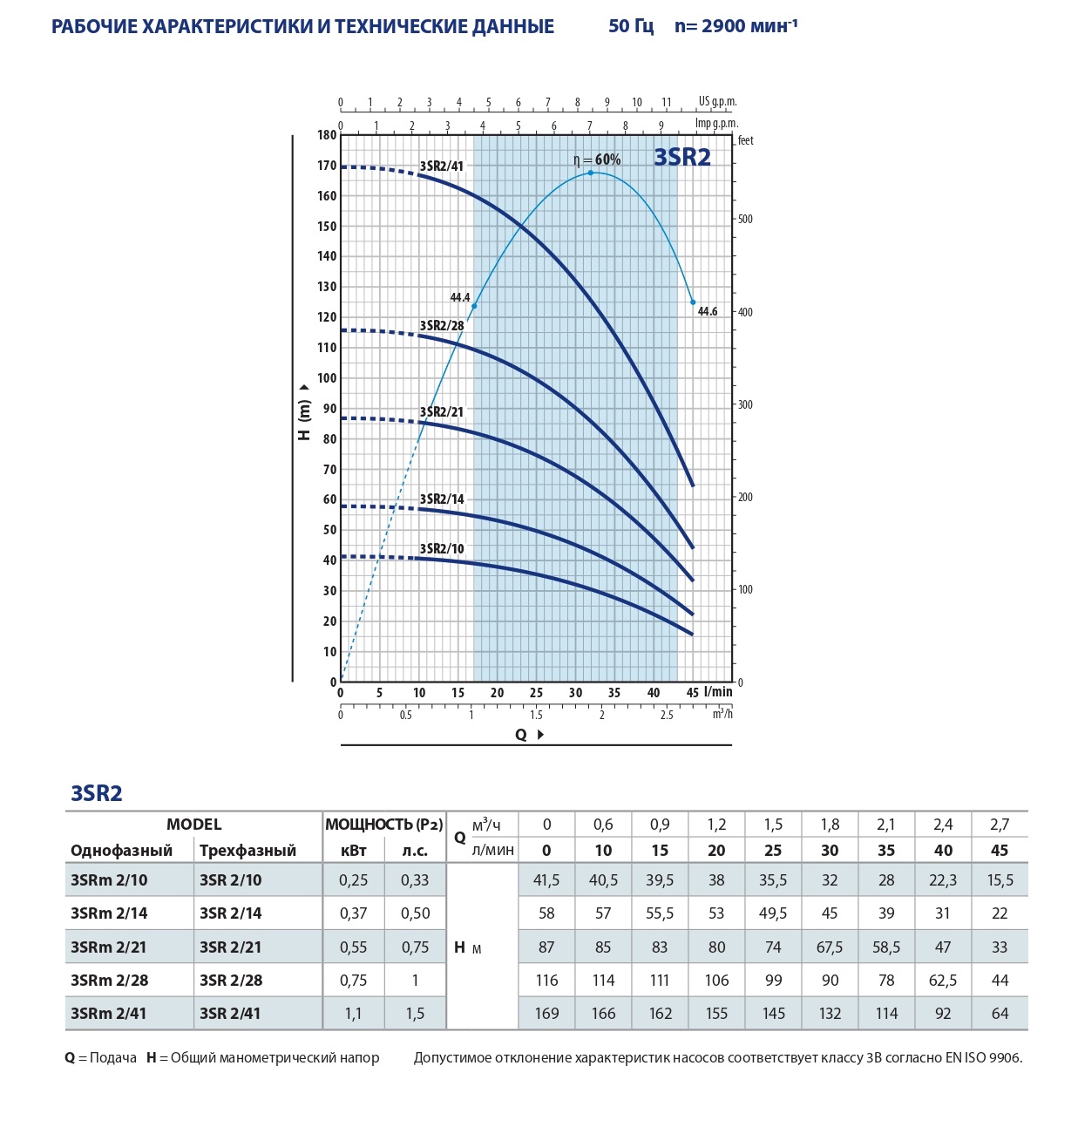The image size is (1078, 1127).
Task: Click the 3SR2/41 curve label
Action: (x=442, y=166)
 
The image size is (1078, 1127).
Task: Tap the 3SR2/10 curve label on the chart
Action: (x=442, y=548)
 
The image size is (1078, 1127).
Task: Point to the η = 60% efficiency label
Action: (x=597, y=160)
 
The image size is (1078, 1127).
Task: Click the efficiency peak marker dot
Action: (x=590, y=173)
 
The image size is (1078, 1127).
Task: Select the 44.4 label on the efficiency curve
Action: (x=460, y=297)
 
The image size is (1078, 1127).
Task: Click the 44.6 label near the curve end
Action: (x=708, y=311)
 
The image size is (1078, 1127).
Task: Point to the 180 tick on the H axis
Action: (x=327, y=135)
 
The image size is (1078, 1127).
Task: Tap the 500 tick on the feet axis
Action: (x=745, y=219)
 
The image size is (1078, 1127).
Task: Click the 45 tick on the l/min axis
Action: (x=692, y=692)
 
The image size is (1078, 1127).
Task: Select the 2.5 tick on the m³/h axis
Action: (x=667, y=715)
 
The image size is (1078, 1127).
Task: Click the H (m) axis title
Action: (x=304, y=414)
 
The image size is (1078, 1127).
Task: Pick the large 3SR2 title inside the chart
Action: (x=682, y=157)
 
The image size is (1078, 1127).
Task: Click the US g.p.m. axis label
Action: (x=717, y=101)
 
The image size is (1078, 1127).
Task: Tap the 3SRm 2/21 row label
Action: (x=109, y=947)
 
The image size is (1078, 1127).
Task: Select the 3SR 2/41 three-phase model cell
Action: (x=230, y=1013)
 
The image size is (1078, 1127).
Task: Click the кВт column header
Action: (x=353, y=850)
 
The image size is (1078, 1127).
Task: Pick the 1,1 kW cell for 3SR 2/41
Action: (x=353, y=1013)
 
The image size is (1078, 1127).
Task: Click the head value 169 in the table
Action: (x=546, y=1013)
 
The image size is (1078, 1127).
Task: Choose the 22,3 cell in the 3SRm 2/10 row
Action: (x=943, y=879)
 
